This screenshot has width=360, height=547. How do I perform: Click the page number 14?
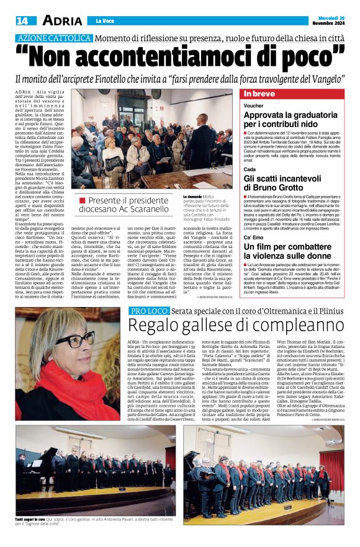tap(21, 20)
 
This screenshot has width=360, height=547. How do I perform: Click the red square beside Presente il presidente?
tap(83, 200)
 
